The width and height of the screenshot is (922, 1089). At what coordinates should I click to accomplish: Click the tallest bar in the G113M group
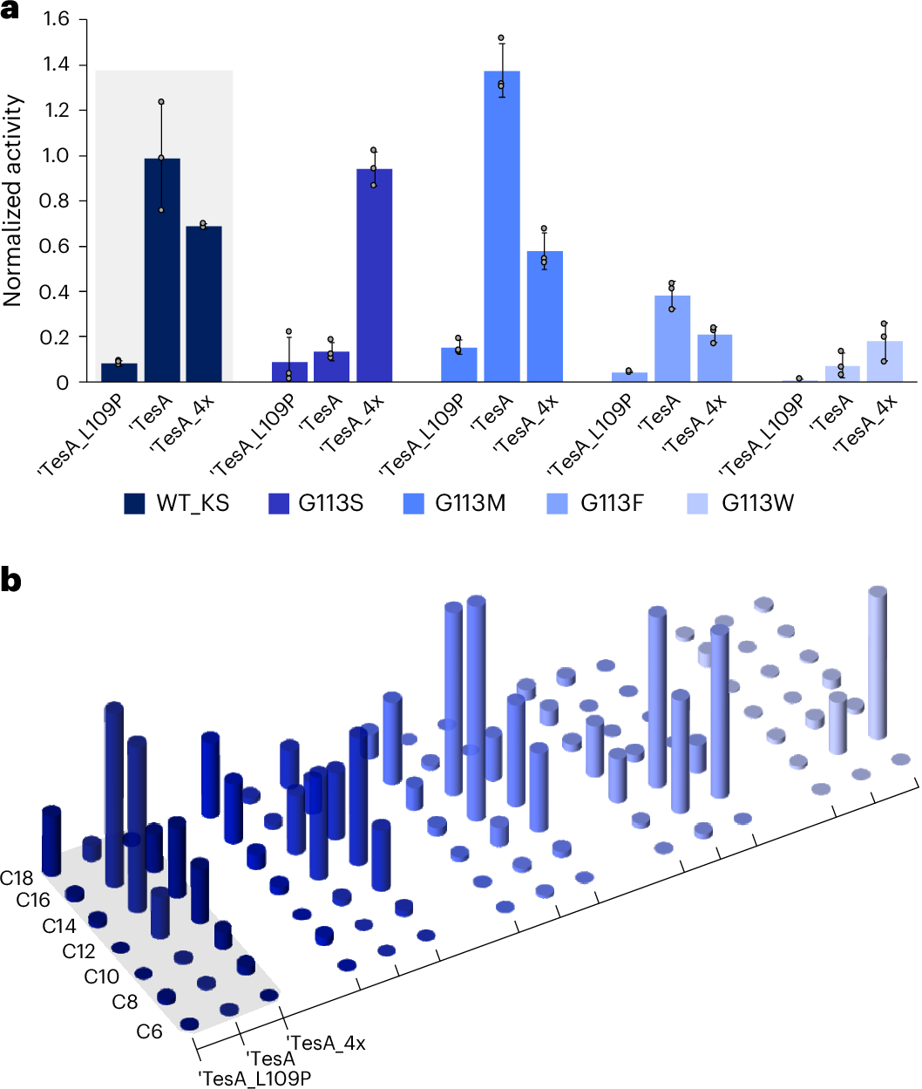[502, 227]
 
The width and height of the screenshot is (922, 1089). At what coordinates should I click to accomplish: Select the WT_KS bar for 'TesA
[161, 270]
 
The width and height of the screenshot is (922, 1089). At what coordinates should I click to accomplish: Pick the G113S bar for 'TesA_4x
[374, 276]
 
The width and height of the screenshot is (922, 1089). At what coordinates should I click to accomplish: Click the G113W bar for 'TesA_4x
[885, 361]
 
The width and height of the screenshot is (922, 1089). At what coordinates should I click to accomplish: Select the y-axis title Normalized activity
[12, 201]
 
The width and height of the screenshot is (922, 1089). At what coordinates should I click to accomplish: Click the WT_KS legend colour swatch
[134, 503]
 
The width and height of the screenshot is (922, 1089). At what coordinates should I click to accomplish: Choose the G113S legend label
[330, 503]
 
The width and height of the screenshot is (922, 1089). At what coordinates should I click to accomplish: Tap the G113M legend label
[470, 503]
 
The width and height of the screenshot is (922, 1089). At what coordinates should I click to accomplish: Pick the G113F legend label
[612, 503]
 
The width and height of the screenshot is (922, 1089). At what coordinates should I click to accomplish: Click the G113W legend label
[757, 503]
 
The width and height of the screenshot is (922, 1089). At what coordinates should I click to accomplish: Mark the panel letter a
[10, 12]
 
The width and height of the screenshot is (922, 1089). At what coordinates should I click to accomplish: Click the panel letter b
[11, 580]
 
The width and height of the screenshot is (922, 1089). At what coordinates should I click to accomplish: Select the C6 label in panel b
[149, 1031]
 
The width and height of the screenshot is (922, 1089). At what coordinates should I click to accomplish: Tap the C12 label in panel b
[78, 951]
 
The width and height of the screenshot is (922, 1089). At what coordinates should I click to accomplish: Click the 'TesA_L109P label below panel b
[254, 1079]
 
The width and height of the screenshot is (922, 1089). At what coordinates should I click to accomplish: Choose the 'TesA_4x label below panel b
[327, 1043]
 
